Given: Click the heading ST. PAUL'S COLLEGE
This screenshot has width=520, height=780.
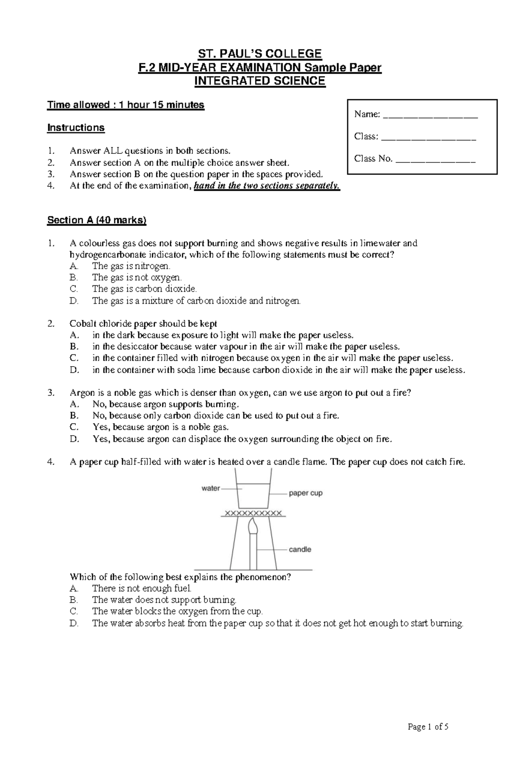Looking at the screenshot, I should tap(260, 54).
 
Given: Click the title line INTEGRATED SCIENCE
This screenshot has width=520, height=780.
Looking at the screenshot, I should tap(260, 81).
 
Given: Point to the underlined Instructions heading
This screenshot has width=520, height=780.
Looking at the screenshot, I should tap(76, 128).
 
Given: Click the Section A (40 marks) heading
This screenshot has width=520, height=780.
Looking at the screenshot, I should tap(97, 220).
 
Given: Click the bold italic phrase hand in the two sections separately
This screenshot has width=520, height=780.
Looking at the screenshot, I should tap(267, 186).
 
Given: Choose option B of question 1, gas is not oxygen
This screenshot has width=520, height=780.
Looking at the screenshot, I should tap(136, 277).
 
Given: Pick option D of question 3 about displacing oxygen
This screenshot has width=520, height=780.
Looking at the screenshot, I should tap(242, 439).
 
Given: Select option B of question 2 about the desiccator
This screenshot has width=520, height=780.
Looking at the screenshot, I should tap(246, 347).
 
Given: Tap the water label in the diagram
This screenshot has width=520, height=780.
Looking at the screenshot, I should tap(211, 488).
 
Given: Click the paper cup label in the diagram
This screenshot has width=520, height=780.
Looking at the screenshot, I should tap(305, 493).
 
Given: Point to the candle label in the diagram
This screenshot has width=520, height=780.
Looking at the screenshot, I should tap(300, 549).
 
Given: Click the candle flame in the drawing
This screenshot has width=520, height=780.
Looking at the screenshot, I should tap(253, 527).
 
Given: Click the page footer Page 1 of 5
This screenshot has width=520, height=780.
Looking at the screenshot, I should tap(428, 727).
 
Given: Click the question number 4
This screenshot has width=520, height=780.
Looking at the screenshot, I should tap(51, 462).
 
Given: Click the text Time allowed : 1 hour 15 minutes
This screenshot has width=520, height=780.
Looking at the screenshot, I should tap(126, 105).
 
